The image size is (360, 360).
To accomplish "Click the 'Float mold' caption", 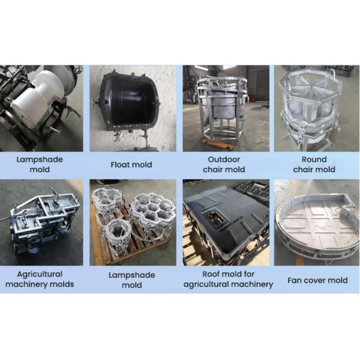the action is pos(131,164).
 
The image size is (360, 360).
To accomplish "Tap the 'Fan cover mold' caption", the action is pos(317,280).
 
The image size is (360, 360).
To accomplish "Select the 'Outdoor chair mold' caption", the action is pos(224,164).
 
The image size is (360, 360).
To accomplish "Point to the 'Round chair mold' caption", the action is pos(314,164).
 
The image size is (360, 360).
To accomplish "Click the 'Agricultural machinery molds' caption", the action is pos(40,279).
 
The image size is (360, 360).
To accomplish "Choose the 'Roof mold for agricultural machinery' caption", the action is pos(228,279).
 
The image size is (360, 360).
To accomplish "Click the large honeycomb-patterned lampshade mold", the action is pos(152,214).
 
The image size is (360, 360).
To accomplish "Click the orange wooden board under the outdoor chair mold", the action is pos(218,144).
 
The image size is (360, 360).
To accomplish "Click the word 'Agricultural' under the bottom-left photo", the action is pos(40,274).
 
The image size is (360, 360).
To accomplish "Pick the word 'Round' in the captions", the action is pos(314,160).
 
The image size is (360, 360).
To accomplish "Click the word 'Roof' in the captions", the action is pos(211,274).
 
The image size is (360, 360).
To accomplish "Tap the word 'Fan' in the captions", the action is pos(295,280).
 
